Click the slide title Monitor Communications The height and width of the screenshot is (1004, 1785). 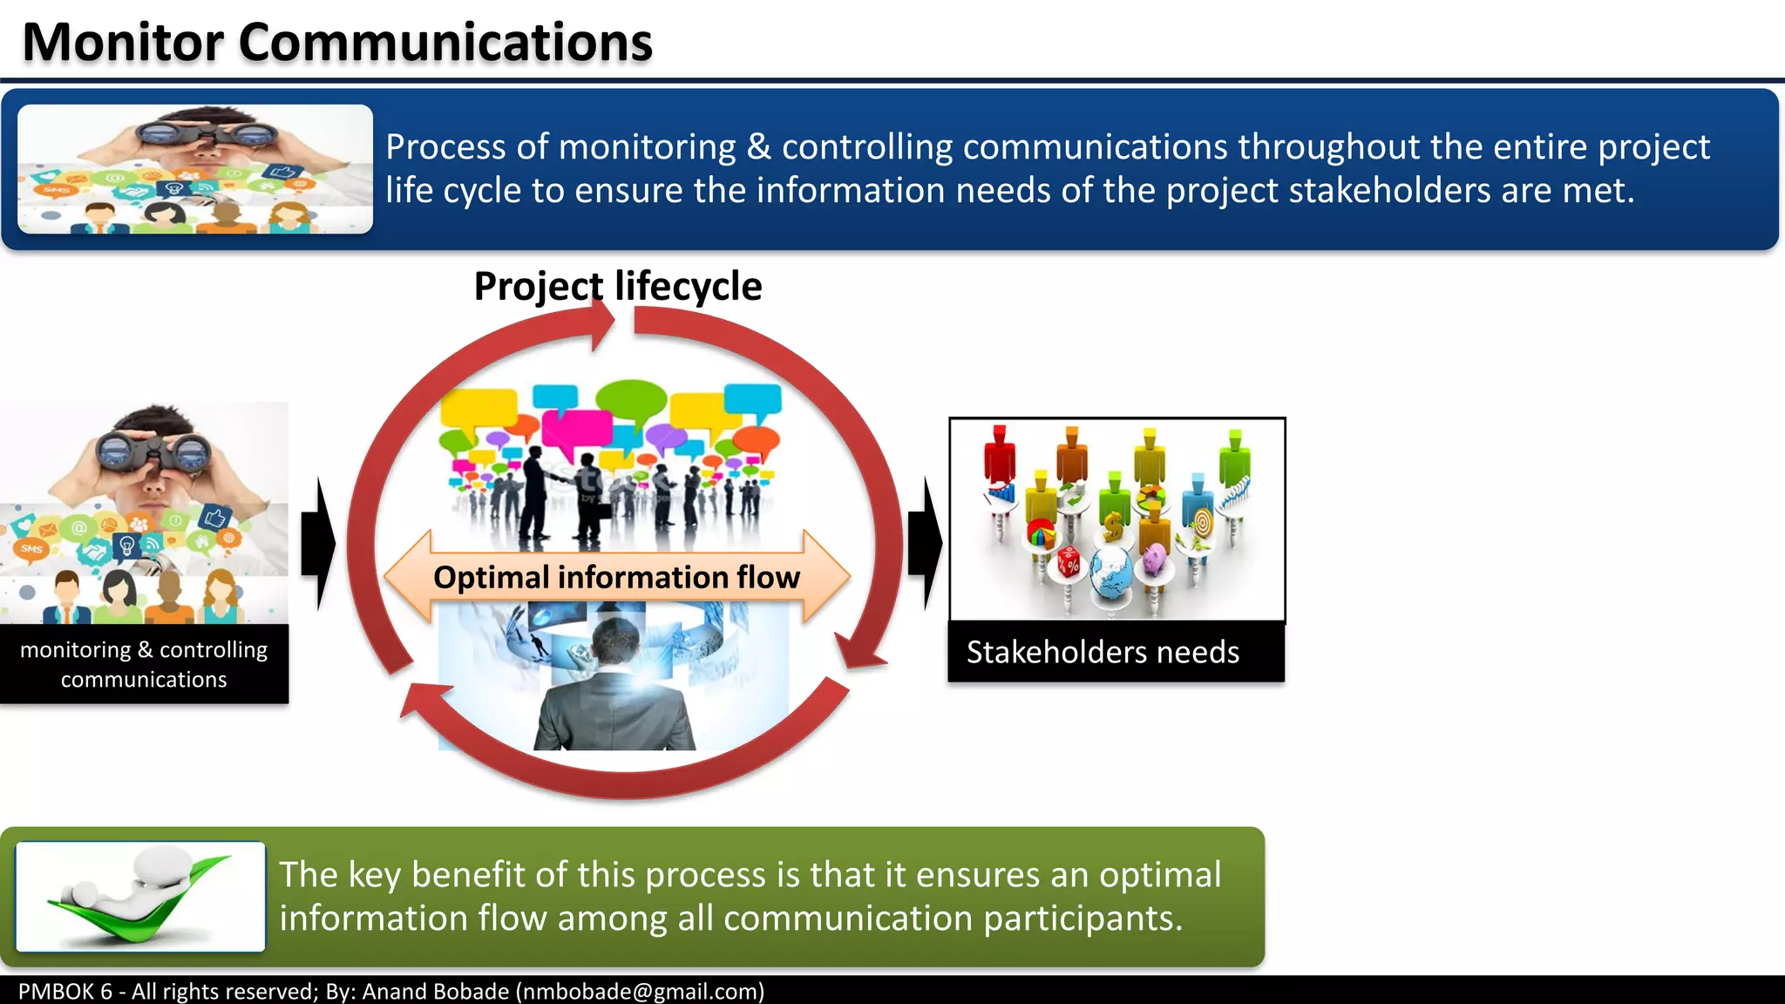point(337,42)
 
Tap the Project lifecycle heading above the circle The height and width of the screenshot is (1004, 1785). point(617,287)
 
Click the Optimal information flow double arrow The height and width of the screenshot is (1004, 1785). point(616,577)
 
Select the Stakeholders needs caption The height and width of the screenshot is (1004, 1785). point(1103,652)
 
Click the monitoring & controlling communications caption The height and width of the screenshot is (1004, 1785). point(144,664)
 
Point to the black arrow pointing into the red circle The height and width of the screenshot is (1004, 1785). point(318,544)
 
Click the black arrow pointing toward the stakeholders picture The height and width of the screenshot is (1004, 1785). point(925,544)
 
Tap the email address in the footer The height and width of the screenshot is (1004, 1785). point(641,991)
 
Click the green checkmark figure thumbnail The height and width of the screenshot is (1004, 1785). point(140,897)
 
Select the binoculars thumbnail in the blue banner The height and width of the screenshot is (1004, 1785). point(195,169)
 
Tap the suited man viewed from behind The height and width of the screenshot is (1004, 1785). point(614,689)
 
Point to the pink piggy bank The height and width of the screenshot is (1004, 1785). point(1155,558)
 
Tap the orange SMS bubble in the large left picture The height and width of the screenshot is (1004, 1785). point(32,548)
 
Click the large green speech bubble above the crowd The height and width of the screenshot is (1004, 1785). point(632,398)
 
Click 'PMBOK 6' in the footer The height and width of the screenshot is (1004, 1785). point(65,991)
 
